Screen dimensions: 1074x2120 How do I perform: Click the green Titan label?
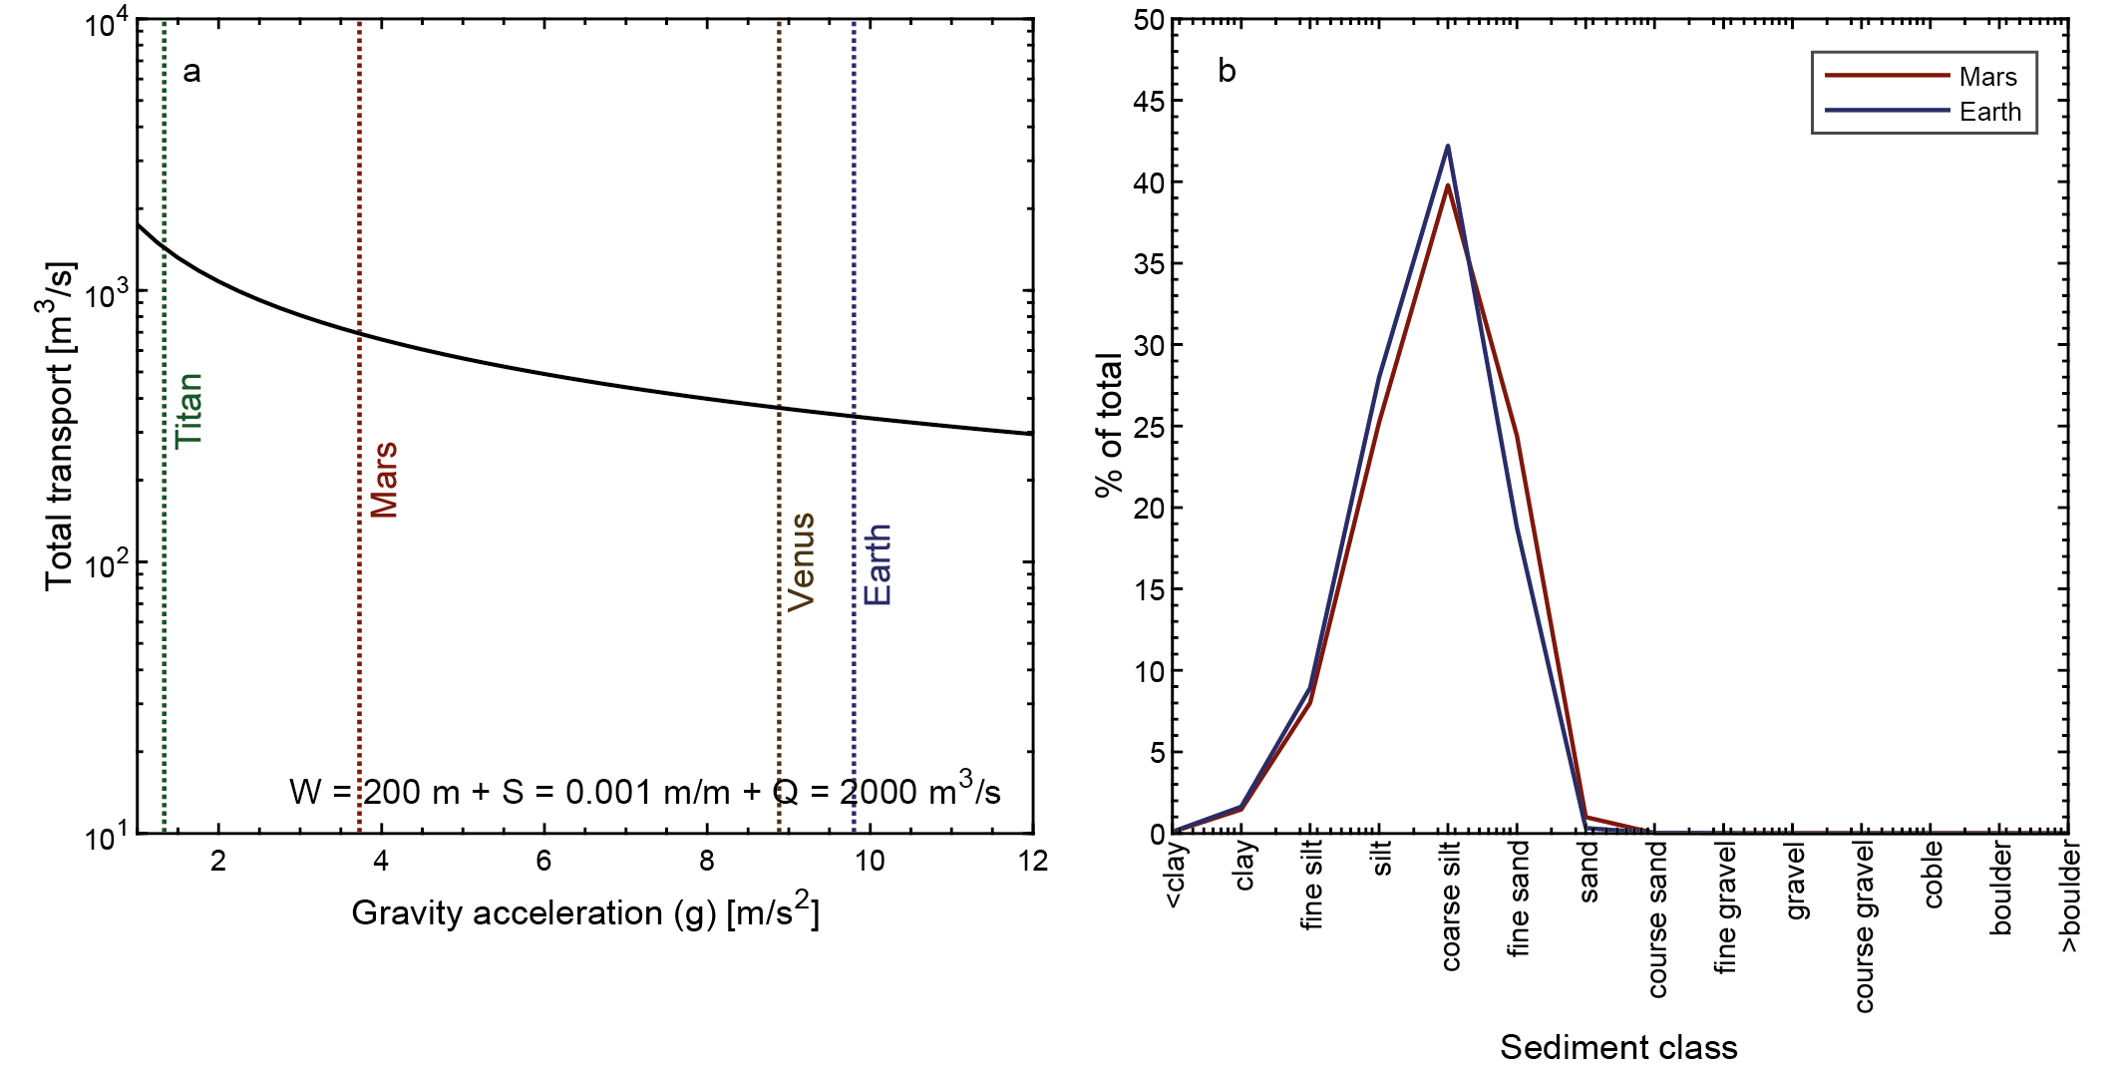point(188,411)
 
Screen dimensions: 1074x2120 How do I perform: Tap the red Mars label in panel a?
point(384,480)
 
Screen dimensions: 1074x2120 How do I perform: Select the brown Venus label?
point(801,561)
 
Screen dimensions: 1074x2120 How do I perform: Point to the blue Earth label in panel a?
point(877,564)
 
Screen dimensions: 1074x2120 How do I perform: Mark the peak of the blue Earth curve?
point(1448,147)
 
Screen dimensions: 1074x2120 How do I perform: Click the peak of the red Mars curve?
point(1448,185)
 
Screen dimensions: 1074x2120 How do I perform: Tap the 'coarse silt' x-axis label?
point(1451,905)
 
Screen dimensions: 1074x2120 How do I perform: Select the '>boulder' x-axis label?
point(2071,896)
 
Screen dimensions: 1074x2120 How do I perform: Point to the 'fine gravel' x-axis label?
point(1726,907)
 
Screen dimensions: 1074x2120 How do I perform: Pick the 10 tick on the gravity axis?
point(870,861)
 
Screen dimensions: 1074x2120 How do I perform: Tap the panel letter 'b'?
point(1227,71)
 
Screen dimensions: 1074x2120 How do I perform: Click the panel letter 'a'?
point(191,71)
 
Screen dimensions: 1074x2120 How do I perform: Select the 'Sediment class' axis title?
point(1618,1047)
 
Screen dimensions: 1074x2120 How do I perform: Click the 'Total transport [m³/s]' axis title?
point(60,427)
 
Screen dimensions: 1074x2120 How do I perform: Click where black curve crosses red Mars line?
point(360,334)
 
